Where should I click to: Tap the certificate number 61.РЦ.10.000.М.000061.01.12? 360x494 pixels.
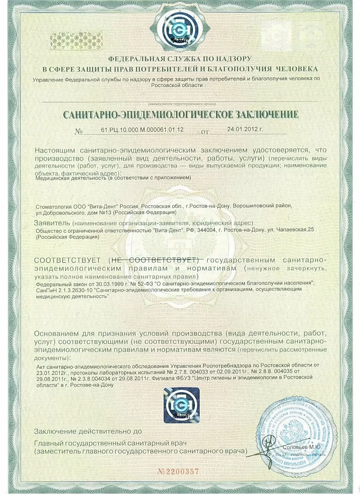[142, 130]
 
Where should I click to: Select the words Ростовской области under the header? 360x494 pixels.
[177, 85]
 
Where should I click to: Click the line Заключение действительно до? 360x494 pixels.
[87, 431]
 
